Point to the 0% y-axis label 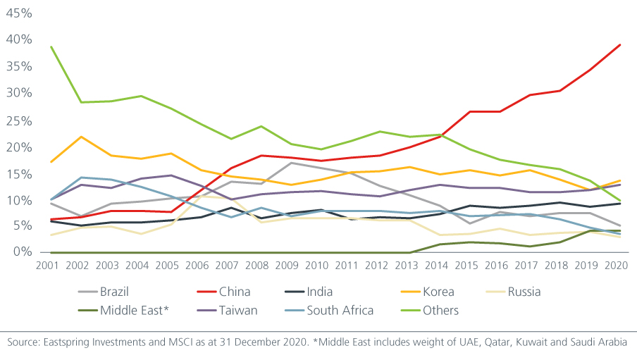(21, 252)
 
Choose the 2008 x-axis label (261, 266)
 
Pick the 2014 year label (440, 266)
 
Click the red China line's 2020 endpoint (619, 45)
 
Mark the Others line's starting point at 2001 (51, 47)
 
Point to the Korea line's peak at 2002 (81, 137)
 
